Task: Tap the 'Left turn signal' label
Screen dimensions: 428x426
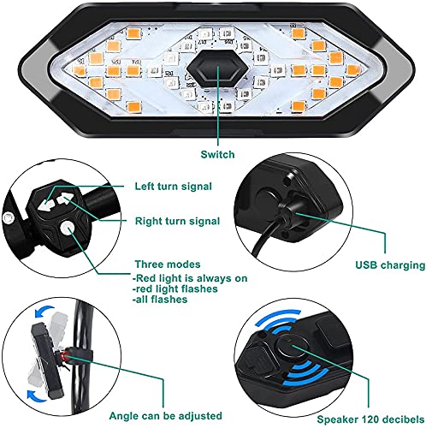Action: pos(175,186)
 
